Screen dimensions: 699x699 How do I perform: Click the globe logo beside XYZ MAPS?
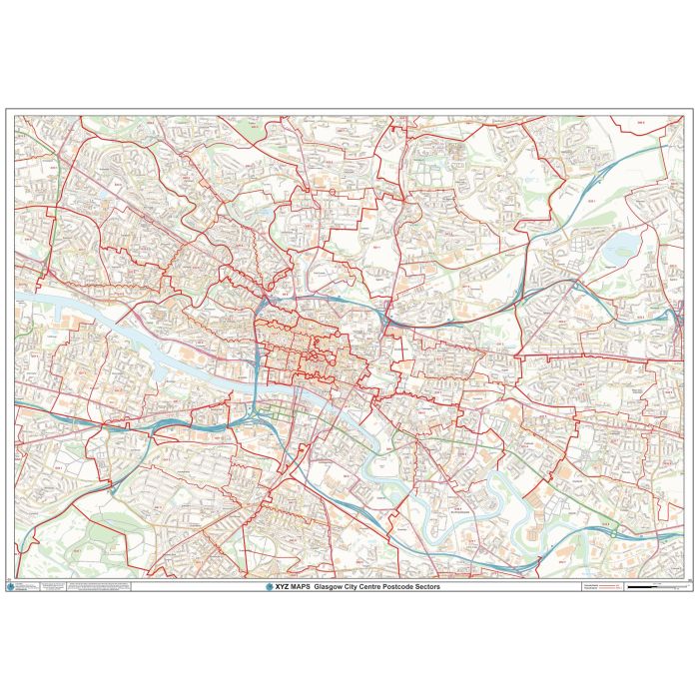click(x=268, y=586)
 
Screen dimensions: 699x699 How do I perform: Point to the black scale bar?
click(x=650, y=588)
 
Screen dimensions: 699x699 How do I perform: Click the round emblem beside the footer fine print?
click(x=24, y=587)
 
